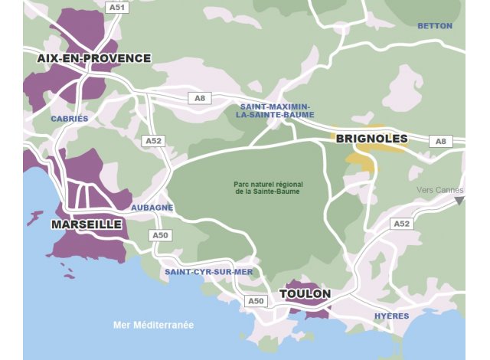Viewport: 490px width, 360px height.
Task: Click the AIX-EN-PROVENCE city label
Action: (93, 58)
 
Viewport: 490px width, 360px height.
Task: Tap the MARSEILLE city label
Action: (87, 224)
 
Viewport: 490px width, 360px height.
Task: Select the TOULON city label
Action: (305, 294)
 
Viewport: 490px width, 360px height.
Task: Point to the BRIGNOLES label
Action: (371, 139)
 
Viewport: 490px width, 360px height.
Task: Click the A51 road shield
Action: (117, 7)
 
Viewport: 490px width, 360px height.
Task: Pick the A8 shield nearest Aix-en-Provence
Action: (200, 98)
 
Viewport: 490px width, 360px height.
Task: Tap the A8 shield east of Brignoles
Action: (440, 141)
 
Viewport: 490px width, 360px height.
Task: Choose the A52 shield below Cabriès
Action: (154, 141)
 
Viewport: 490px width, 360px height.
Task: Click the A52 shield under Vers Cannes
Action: (401, 224)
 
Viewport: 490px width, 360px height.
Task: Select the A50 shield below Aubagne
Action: (160, 235)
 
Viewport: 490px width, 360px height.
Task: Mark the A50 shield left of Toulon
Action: (256, 301)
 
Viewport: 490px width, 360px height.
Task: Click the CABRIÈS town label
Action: (70, 119)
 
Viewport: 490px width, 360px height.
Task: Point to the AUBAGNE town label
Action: (152, 208)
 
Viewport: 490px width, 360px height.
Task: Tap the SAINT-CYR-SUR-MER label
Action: (208, 272)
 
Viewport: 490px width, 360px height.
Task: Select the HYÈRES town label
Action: (391, 316)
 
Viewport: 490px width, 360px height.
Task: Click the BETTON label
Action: (434, 26)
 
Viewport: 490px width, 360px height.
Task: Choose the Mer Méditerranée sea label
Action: (153, 325)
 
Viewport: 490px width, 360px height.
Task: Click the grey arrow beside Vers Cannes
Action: (459, 201)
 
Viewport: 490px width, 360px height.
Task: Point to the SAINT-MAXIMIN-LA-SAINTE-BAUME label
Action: (275, 110)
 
